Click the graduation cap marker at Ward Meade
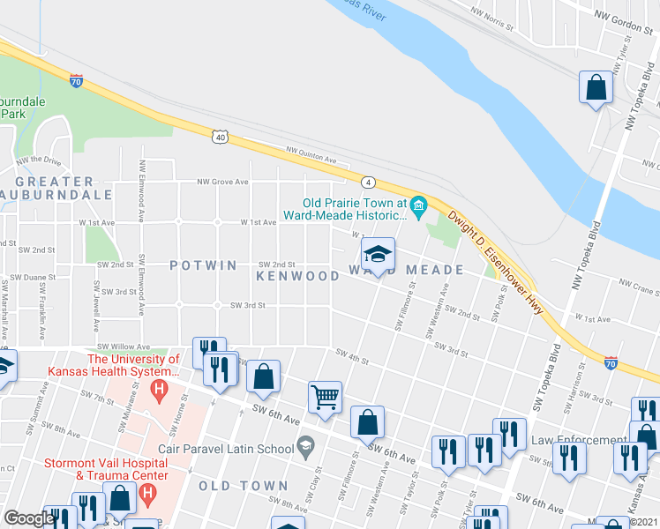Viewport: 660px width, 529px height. pyautogui.click(x=378, y=256)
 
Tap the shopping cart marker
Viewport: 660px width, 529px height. pyautogui.click(x=325, y=399)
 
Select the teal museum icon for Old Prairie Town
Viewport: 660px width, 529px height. pyautogui.click(x=418, y=207)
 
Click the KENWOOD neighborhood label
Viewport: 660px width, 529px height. pyautogui.click(x=297, y=276)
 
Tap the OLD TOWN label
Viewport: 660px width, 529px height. pyautogui.click(x=244, y=486)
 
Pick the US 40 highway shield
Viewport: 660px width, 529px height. pyautogui.click(x=221, y=137)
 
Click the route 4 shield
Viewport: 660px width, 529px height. pyautogui.click(x=369, y=182)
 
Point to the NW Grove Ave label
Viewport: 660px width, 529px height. pyautogui.click(x=222, y=183)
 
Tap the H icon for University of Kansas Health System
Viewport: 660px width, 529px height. pyautogui.click(x=159, y=388)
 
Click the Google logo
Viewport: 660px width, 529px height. pyautogui.click(x=29, y=518)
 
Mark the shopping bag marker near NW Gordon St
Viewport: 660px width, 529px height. pyautogui.click(x=596, y=88)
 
